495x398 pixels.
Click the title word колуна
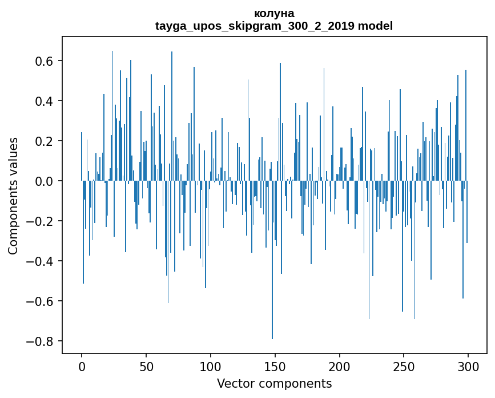coord(274,13)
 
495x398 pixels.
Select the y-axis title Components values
coord(13,196)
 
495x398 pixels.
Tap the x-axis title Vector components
coord(274,383)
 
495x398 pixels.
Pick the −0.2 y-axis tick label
coord(41,221)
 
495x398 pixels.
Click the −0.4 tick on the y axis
coord(41,261)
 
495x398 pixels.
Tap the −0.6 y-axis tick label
coord(41,301)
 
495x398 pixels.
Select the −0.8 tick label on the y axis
coord(41,341)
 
